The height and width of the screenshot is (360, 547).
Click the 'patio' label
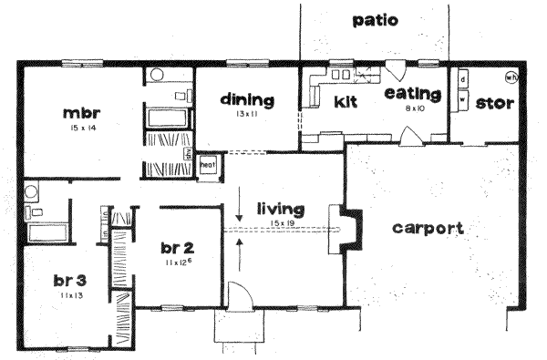[x=375, y=21]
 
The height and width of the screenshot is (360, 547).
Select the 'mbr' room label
[x=81, y=114]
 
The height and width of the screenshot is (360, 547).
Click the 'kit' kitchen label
[x=346, y=101]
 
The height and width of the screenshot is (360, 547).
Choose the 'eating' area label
[x=413, y=94]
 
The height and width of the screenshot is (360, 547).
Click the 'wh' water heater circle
[x=512, y=77]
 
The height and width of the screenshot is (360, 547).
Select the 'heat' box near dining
[x=207, y=165]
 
